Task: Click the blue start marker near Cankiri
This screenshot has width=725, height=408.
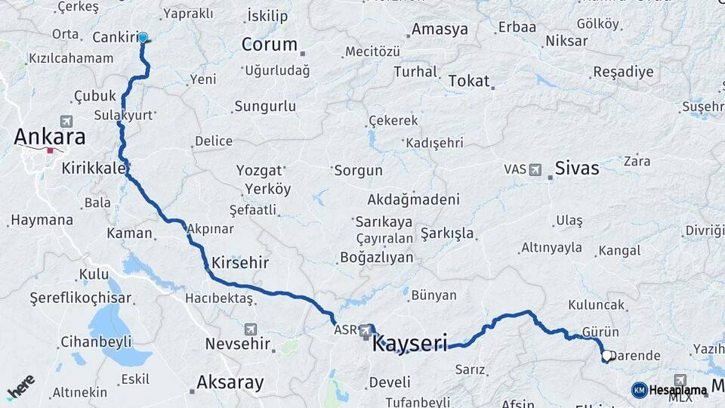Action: click(143, 36)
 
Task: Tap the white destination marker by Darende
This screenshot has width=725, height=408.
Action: click(606, 355)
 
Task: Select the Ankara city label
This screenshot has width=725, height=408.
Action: click(50, 138)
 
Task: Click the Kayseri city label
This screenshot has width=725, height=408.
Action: click(410, 344)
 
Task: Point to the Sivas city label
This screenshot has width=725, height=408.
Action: click(577, 168)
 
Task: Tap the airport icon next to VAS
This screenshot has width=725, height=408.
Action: click(536, 169)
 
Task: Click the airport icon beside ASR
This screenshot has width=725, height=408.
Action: click(366, 330)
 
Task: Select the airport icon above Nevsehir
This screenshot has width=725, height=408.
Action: click(251, 329)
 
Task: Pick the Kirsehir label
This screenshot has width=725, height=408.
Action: click(240, 263)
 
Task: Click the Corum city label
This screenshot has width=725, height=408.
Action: click(269, 45)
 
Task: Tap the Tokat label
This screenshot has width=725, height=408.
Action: click(469, 81)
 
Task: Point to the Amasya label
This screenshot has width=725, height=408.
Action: click(439, 30)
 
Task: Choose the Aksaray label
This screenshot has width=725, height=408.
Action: click(230, 382)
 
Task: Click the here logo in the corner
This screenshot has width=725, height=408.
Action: click(20, 387)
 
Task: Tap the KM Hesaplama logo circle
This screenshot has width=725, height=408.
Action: click(639, 390)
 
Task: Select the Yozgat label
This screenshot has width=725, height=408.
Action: click(259, 171)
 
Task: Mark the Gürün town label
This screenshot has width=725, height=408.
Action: click(600, 332)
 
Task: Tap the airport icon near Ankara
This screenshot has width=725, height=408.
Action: click(66, 121)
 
